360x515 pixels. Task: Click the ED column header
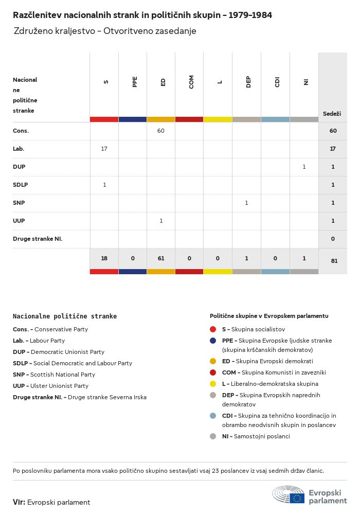point(163,82)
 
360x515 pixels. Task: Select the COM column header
point(191,82)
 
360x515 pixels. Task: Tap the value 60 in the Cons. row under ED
point(161,131)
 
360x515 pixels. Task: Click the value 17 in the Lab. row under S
point(104,149)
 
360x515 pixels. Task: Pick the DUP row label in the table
point(19,167)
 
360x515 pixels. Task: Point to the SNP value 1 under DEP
point(246,203)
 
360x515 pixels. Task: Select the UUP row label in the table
point(19,221)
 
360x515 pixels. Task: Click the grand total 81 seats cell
point(334,261)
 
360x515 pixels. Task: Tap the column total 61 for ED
point(161,258)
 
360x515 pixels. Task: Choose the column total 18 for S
point(104,258)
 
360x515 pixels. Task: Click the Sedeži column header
point(332,113)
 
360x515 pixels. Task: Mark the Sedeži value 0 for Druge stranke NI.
point(333,239)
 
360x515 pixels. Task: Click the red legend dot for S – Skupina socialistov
point(213,329)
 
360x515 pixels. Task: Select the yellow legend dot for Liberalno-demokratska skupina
point(213,384)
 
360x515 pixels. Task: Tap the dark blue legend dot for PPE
point(213,341)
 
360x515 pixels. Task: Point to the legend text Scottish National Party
point(63,375)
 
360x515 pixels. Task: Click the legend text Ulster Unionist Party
point(60,386)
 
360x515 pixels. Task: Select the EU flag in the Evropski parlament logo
point(297,498)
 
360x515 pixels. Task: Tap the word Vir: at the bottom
point(19,502)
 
